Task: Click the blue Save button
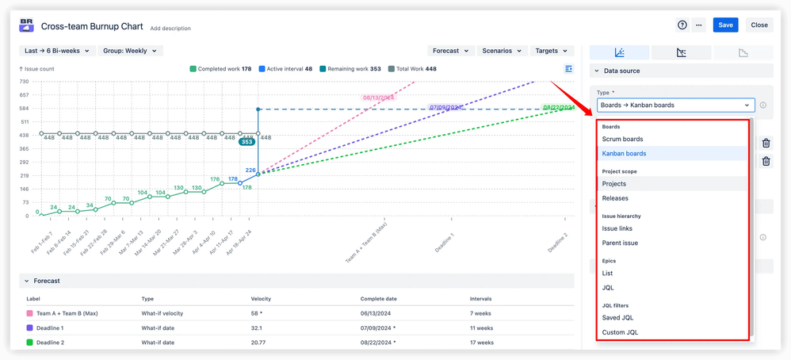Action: [725, 25]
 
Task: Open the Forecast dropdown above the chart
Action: [449, 51]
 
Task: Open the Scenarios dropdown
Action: [501, 51]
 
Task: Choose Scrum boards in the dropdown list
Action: [622, 139]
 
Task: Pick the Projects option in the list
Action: [614, 184]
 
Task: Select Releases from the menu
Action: [615, 198]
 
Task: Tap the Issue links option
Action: [617, 228]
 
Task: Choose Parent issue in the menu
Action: [620, 243]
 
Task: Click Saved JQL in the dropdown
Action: [617, 318]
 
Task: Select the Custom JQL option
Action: [620, 332]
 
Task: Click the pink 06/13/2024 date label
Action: [378, 98]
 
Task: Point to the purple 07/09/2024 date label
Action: [445, 107]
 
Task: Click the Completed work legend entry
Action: [221, 69]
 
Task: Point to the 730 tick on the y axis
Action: [24, 82]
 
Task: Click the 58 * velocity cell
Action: [258, 314]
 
